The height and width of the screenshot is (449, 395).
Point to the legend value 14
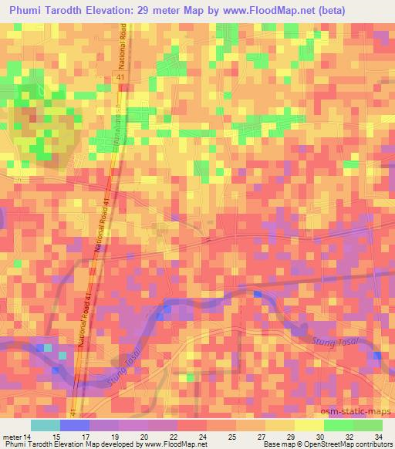29,435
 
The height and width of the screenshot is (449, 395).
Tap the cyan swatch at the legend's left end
45,425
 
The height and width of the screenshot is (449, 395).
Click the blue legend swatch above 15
73,425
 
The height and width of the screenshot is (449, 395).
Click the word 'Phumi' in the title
28,10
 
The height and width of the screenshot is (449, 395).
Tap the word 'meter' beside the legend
13,435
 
